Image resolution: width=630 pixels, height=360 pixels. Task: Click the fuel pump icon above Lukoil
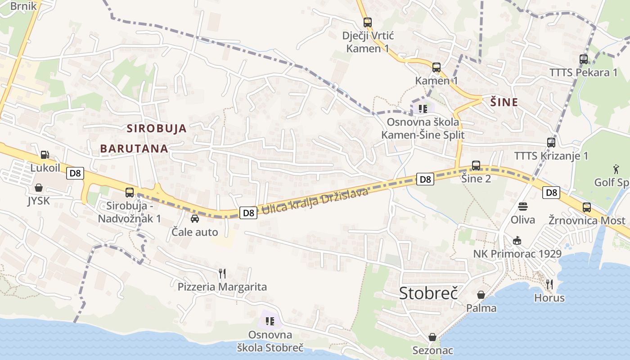pos(45,155)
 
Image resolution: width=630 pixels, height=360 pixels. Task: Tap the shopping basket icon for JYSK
pos(39,188)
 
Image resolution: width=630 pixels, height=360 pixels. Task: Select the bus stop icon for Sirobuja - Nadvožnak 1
pos(130,193)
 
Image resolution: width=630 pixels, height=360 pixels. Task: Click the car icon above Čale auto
pos(195,219)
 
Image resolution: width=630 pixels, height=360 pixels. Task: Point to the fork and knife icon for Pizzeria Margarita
pos(222,273)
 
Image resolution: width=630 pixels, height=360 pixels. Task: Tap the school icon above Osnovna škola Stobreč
pos(270,321)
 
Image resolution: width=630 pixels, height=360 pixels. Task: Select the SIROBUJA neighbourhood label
pos(157,128)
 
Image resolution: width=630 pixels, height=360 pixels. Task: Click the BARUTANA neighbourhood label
pos(134,148)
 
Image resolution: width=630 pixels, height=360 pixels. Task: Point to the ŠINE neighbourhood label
pos(504,103)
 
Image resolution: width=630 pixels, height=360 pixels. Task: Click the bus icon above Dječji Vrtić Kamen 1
pos(368,22)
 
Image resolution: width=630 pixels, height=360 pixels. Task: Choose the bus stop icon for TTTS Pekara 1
pos(584,59)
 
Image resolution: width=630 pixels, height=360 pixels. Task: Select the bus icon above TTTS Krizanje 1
pos(551,143)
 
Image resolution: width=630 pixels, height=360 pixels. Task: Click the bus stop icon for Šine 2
pos(476,166)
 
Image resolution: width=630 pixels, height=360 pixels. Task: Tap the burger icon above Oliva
pos(522,207)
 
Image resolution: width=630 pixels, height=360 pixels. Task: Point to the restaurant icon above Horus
pos(549,284)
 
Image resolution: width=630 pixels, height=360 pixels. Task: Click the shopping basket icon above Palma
pos(481,295)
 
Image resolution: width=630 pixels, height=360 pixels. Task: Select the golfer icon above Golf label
pos(616,169)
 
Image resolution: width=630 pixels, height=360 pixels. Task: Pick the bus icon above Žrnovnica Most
pos(587,207)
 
